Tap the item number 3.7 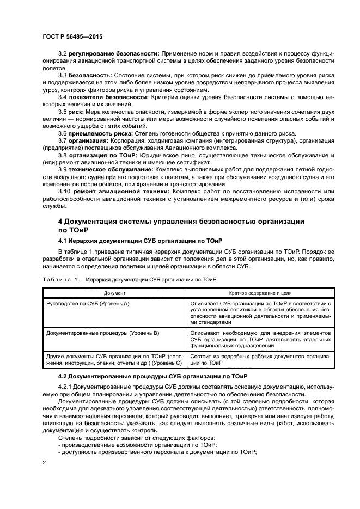[x=63, y=141]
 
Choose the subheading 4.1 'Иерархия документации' [x=140, y=240]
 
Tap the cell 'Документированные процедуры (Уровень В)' [x=102, y=332]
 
